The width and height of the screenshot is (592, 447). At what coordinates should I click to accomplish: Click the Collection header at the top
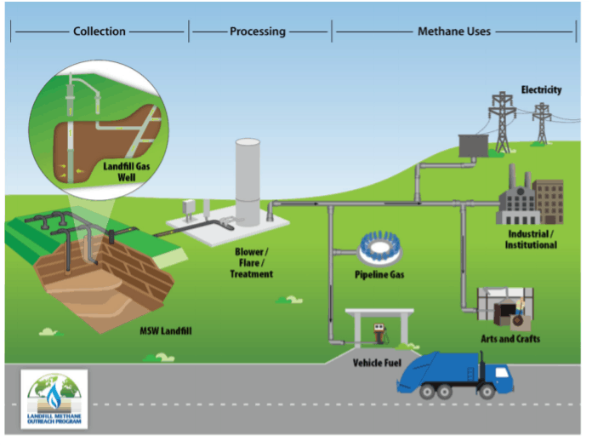[x=100, y=32]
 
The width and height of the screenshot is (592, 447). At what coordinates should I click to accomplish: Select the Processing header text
[x=258, y=32]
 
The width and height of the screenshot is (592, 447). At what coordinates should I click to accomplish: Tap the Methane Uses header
[x=454, y=32]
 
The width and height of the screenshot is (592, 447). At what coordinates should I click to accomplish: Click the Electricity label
[x=541, y=89]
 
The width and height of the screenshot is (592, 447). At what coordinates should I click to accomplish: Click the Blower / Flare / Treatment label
[x=251, y=263]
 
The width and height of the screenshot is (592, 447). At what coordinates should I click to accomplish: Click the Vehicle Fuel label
[x=376, y=362]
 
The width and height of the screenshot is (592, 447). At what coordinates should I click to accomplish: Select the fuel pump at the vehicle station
[x=378, y=331]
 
